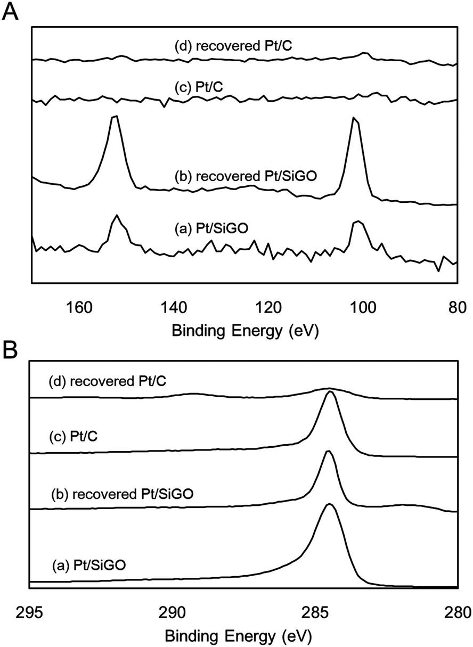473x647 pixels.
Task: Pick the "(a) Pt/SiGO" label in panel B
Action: tap(89, 563)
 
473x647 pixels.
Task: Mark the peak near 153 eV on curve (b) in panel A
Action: tap(114, 117)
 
